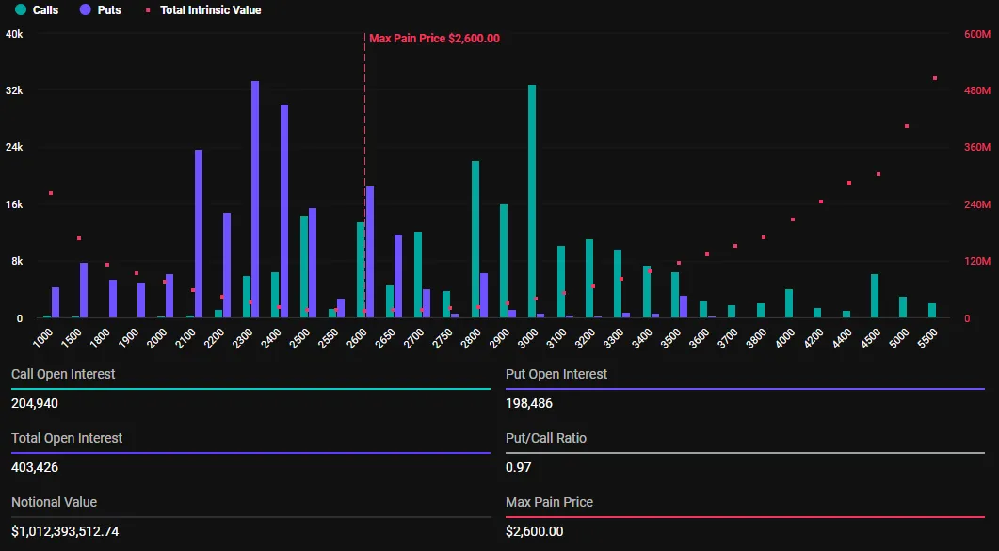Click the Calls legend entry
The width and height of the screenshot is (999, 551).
point(38,10)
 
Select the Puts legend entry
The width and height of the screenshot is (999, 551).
point(100,10)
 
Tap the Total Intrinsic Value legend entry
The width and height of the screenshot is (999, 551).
point(203,10)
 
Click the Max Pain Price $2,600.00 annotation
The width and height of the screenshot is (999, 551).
point(434,39)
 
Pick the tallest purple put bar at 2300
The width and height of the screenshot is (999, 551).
point(255,200)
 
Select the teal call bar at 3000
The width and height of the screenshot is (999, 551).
point(532,202)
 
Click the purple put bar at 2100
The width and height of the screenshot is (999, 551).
point(199,234)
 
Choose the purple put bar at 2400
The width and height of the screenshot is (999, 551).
point(284,211)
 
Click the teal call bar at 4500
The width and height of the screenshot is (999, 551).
point(875,296)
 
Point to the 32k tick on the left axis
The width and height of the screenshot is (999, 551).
point(14,90)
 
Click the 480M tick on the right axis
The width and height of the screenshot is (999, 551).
point(977,90)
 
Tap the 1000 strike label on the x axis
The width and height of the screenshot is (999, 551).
point(43,338)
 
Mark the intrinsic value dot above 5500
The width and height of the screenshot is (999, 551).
point(935,78)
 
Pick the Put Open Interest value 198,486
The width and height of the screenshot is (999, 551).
point(529,403)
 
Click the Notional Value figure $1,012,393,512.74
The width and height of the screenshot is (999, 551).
point(65,531)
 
